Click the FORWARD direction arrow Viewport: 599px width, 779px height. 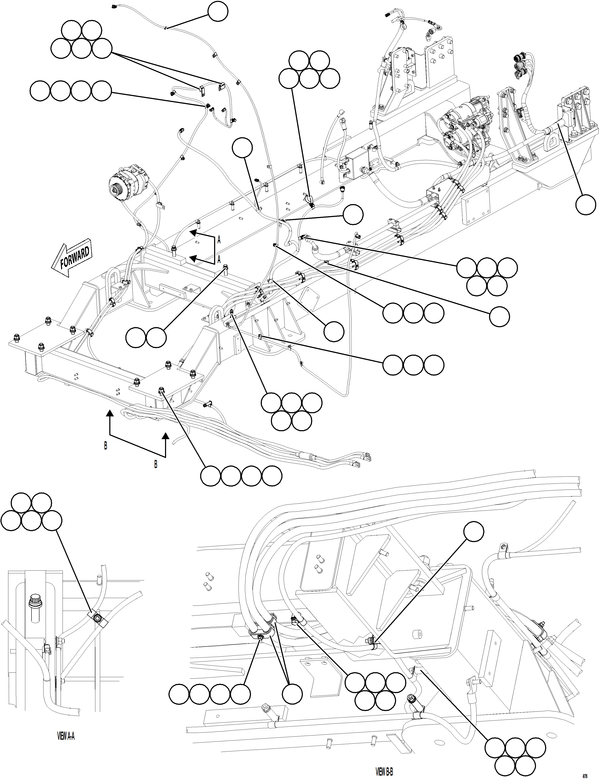pos(73,260)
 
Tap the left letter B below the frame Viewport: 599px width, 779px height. pos(105,446)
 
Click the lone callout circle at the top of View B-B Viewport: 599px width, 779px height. pos(474,532)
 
